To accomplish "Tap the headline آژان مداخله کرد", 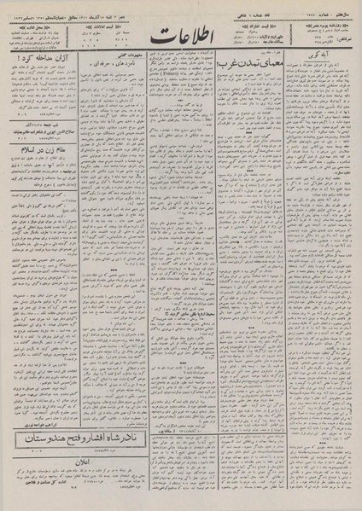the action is [40, 63].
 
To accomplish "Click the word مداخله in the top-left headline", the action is [40, 63].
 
